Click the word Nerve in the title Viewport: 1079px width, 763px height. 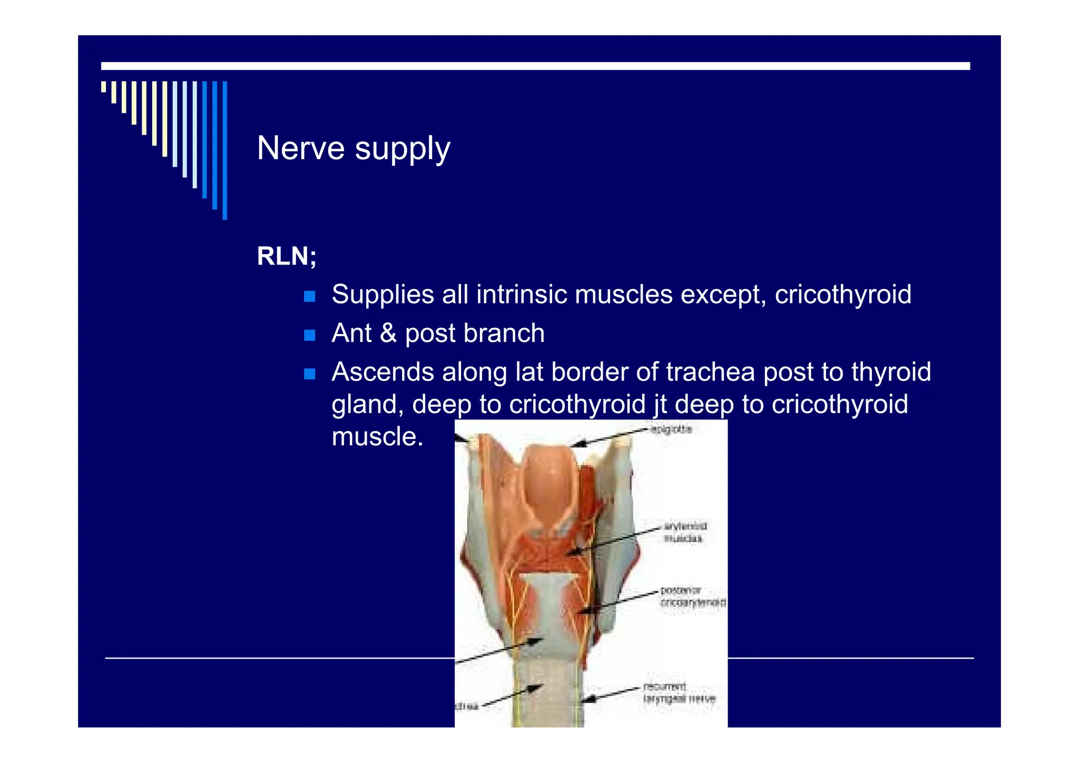(300, 148)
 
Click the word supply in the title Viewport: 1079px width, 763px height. (403, 149)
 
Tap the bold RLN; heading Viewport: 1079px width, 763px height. (287, 257)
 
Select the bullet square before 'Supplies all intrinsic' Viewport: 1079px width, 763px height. (310, 296)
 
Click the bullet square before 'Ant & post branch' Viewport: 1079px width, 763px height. (310, 335)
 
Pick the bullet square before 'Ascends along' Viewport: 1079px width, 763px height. (310, 374)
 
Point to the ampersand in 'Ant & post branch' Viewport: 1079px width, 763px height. (388, 333)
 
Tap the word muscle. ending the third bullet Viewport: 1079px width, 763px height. (377, 437)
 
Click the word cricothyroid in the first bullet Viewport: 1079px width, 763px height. (842, 294)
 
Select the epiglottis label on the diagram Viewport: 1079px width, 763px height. (671, 429)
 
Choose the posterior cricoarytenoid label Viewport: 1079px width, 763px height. (692, 596)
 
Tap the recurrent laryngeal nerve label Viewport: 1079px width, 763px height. (679, 692)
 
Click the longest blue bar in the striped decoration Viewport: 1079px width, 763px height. (225, 150)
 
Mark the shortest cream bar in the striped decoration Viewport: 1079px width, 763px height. (104, 86)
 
